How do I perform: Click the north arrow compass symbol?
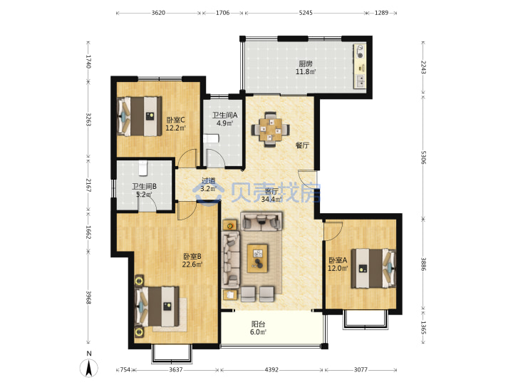click(89, 368)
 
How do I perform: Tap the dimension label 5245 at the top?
click(306, 13)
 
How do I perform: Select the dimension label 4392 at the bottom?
click(271, 369)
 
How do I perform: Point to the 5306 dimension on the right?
click(423, 158)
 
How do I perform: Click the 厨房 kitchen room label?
click(306, 64)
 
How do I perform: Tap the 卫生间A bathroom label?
click(224, 115)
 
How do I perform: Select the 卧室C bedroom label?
click(175, 120)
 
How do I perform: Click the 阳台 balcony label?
click(258, 324)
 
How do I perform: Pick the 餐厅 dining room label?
click(302, 145)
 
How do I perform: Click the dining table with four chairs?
click(270, 130)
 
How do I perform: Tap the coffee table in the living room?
click(257, 258)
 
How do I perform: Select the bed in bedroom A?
click(373, 269)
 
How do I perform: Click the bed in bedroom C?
click(140, 116)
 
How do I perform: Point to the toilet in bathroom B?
click(143, 168)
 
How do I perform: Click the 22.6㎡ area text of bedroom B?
click(192, 265)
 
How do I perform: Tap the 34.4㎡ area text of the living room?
click(271, 200)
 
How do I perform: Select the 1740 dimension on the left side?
click(88, 61)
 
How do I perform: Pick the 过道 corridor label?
click(208, 180)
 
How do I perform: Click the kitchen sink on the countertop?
click(360, 81)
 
